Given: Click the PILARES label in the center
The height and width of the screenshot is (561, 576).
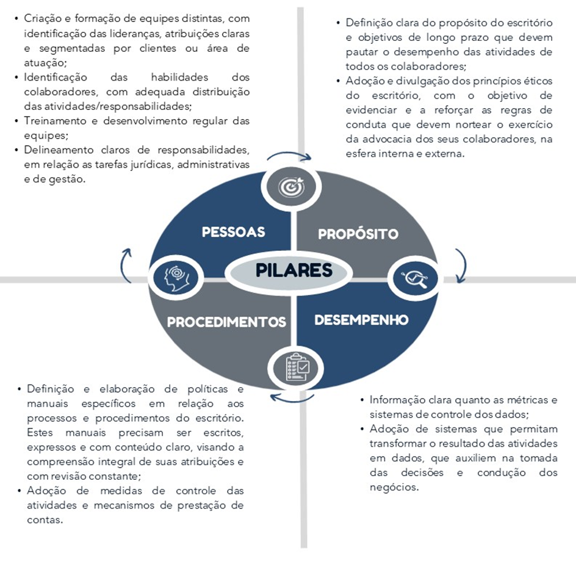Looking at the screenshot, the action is coord(294,270).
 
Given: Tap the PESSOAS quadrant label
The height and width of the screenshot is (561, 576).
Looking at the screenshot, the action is coord(233,232).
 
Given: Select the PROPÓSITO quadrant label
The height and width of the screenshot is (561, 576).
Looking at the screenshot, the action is coord(358,234).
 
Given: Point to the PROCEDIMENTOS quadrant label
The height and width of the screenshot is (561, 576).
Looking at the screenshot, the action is coord(226,322).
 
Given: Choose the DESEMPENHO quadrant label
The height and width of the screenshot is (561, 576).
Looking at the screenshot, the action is coord(361,320).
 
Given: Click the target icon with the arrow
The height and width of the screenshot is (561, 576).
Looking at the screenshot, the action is coord(291,187).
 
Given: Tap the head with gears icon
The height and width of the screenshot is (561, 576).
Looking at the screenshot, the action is coord(176,278).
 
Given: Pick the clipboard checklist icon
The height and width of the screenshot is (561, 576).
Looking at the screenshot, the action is coord(298,367).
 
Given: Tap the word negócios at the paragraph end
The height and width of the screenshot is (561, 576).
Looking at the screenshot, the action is coord(394,488).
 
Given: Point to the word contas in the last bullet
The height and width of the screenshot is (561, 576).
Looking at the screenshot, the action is coord(45,520).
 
